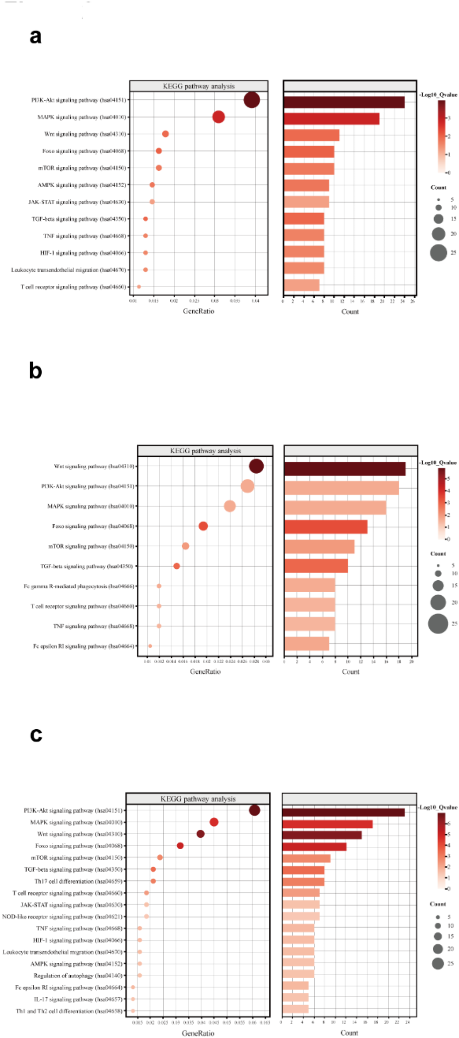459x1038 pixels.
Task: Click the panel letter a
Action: tap(36, 36)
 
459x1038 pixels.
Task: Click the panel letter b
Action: tap(36, 371)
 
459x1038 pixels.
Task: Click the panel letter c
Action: tap(36, 734)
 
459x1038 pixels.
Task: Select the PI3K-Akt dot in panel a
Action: tap(251, 100)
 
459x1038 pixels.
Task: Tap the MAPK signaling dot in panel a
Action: tap(219, 117)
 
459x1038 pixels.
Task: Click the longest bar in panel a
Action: tap(344, 102)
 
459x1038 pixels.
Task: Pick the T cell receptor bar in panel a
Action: tap(301, 285)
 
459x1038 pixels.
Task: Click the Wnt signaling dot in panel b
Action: tap(256, 466)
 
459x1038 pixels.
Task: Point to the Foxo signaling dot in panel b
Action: tap(203, 526)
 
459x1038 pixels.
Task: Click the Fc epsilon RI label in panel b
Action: tap(83, 646)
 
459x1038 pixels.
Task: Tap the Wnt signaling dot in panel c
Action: tap(201, 834)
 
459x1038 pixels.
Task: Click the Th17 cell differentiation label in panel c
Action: tap(79, 881)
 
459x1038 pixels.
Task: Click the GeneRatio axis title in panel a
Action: tap(198, 311)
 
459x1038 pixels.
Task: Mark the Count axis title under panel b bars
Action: tap(351, 672)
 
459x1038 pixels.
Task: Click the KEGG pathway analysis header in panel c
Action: tap(198, 799)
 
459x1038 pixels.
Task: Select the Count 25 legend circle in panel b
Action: tap(438, 624)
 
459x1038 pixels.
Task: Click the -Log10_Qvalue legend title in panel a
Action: tap(438, 94)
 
